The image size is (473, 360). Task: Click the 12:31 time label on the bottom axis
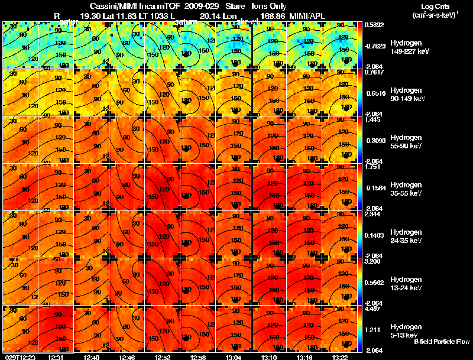tap(57, 356)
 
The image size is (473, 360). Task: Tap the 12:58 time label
tap(198, 356)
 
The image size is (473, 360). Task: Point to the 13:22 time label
tap(340, 356)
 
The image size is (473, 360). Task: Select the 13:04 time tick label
tap(233, 356)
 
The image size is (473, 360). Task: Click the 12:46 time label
tap(127, 356)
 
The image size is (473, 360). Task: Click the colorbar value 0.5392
tap(374, 25)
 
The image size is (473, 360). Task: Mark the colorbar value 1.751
tap(373, 167)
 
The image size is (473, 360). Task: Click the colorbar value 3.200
tap(373, 261)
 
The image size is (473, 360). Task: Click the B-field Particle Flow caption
tap(442, 342)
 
